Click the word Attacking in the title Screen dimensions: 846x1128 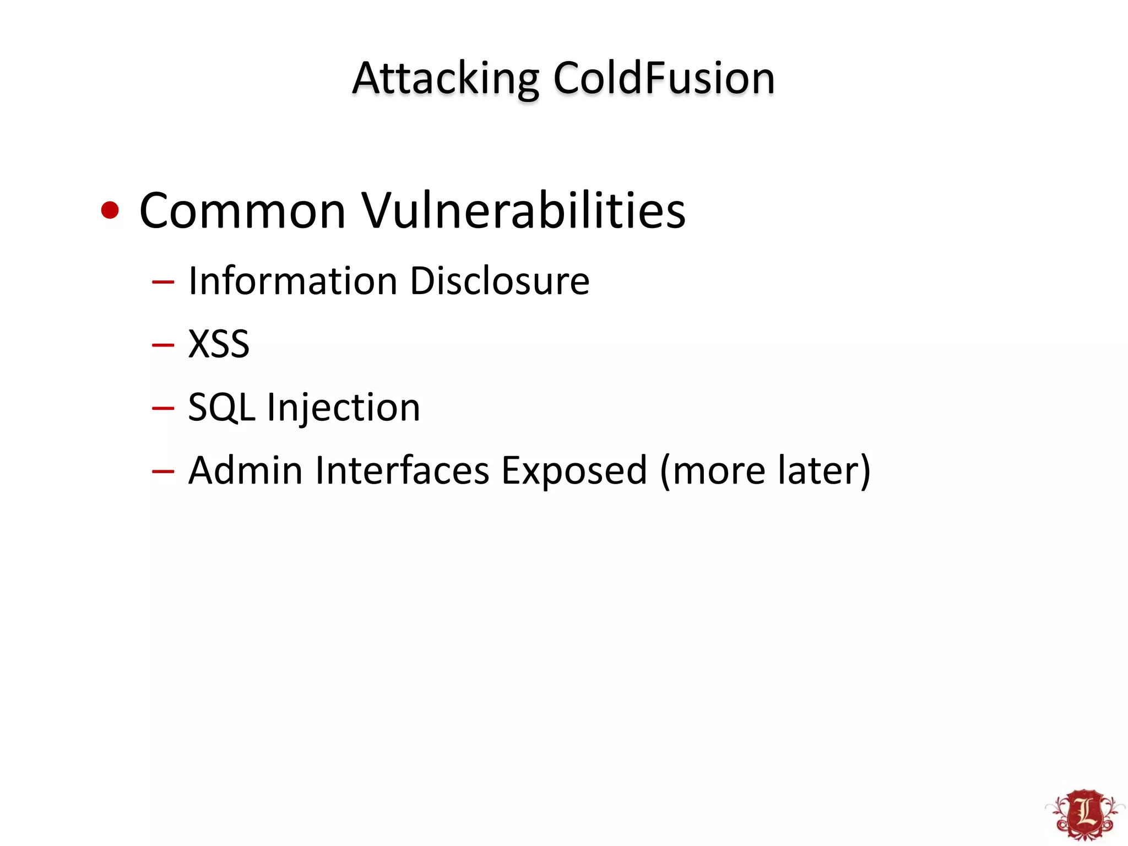coord(446,79)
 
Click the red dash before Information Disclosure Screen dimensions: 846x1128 coord(163,283)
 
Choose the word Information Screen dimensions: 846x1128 coord(292,281)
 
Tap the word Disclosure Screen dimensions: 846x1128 coord(500,281)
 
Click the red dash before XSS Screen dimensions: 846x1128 coord(163,345)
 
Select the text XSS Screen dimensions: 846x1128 coord(219,344)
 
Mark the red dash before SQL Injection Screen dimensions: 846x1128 coord(163,409)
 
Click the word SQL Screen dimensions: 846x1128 coord(221,408)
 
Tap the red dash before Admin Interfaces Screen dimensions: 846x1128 coord(163,471)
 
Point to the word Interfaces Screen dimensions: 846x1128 coord(402,470)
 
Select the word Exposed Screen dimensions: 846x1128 coord(574,471)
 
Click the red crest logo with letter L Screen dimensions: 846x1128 coord(1084,815)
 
